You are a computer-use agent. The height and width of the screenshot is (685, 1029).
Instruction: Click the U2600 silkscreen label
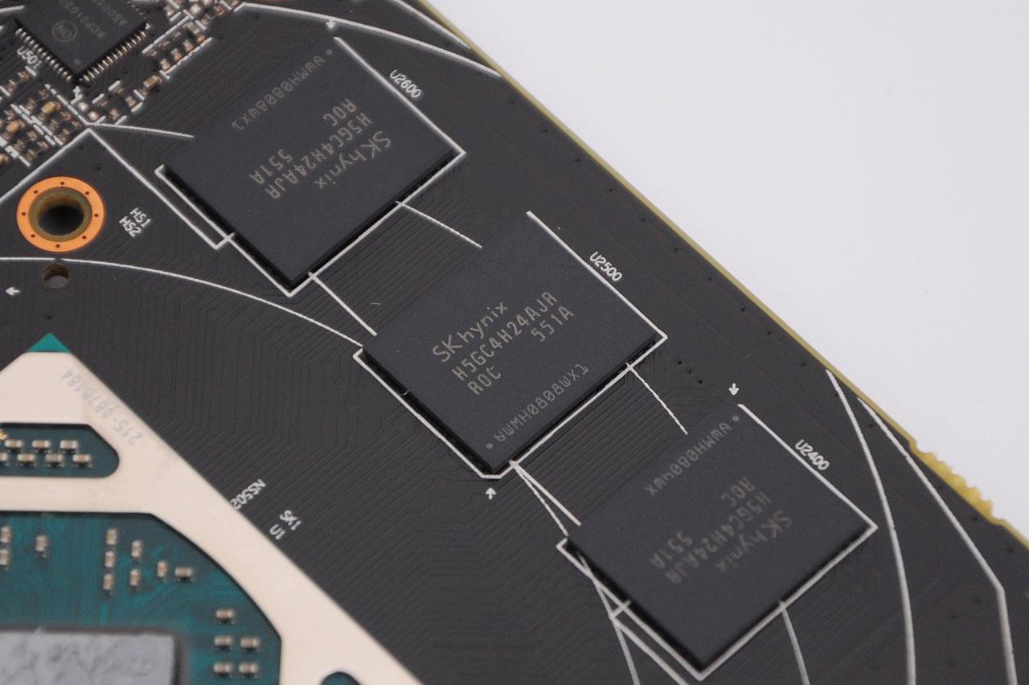[x=405, y=84]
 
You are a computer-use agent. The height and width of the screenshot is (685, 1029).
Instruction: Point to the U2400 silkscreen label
[x=811, y=455]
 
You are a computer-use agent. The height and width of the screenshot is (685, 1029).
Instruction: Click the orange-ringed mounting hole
[x=60, y=214]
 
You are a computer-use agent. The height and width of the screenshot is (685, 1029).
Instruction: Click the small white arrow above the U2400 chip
[x=734, y=390]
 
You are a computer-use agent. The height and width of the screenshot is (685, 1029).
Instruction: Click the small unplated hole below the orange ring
[x=56, y=275]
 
